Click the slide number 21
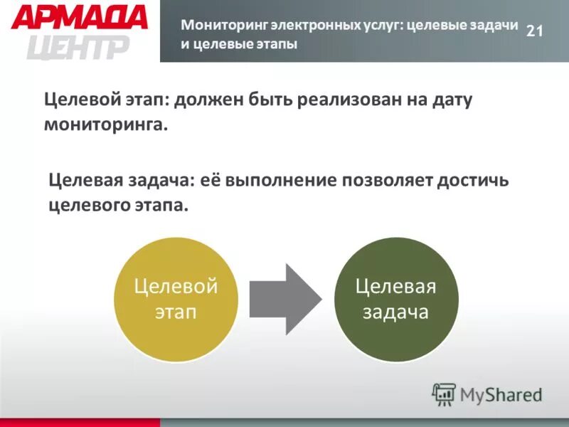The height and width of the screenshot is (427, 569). point(534,30)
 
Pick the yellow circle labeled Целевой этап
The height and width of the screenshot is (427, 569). point(176,300)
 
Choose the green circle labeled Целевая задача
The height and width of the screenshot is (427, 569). point(395,300)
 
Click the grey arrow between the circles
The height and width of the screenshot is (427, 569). point(284,300)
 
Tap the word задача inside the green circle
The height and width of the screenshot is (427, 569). point(395,312)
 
